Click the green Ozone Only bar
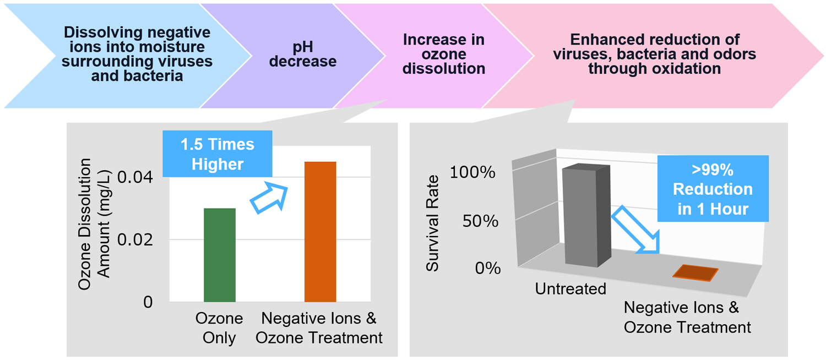(220, 255)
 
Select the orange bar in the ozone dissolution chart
(320, 231)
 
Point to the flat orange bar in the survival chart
(695, 272)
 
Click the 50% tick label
(480, 221)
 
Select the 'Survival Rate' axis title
(433, 223)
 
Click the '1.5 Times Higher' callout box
(218, 154)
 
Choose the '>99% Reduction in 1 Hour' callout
(713, 189)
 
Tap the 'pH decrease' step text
(303, 54)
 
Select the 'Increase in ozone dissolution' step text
(444, 54)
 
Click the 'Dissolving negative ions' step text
(137, 54)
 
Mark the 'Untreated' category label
(570, 288)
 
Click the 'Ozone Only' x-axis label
(219, 328)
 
